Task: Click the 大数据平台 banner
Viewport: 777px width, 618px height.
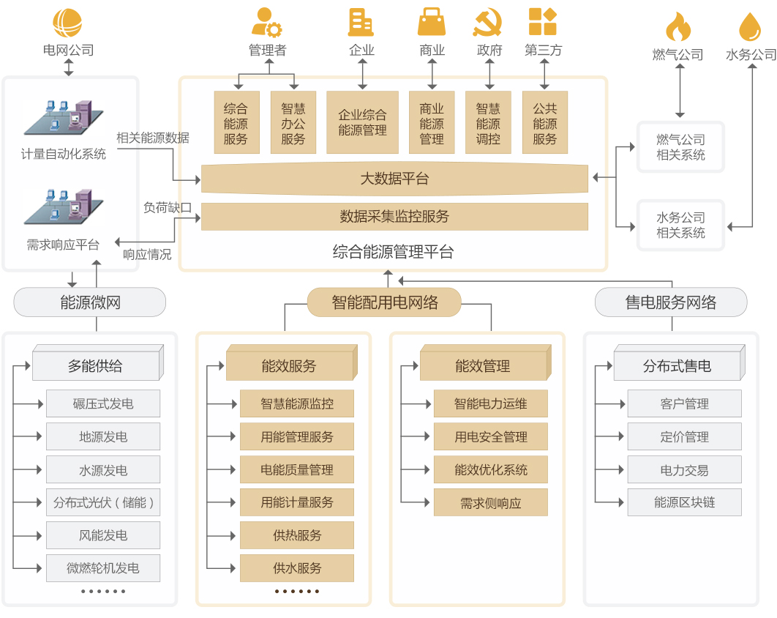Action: pyautogui.click(x=394, y=179)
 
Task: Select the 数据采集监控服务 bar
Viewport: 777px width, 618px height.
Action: pyautogui.click(x=394, y=217)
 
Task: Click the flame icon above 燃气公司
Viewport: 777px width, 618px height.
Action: pyautogui.click(x=677, y=28)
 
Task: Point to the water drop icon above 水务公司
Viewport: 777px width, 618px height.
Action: pyautogui.click(x=750, y=28)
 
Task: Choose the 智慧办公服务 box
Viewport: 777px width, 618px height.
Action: pyautogui.click(x=293, y=122)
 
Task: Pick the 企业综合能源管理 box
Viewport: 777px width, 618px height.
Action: pyautogui.click(x=362, y=122)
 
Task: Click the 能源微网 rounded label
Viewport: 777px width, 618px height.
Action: pyautogui.click(x=90, y=302)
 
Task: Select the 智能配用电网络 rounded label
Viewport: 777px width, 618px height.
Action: pyautogui.click(x=384, y=302)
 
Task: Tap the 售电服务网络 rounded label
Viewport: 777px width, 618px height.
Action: pyautogui.click(x=671, y=302)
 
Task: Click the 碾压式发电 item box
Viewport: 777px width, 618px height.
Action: pyautogui.click(x=103, y=403)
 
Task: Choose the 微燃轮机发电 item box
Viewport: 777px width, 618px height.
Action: pyautogui.click(x=103, y=568)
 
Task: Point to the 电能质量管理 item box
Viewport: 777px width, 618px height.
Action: pyautogui.click(x=297, y=469)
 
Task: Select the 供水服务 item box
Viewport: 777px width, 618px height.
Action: pyautogui.click(x=297, y=568)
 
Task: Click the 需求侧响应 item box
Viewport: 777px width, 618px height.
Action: pyautogui.click(x=491, y=503)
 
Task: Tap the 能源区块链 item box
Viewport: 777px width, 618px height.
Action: pyautogui.click(x=685, y=503)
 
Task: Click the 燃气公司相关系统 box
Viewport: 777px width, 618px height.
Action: pyautogui.click(x=680, y=147)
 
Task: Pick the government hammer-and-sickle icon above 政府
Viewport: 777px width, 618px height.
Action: pyautogui.click(x=488, y=22)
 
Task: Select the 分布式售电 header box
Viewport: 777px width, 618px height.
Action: pyautogui.click(x=677, y=365)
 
